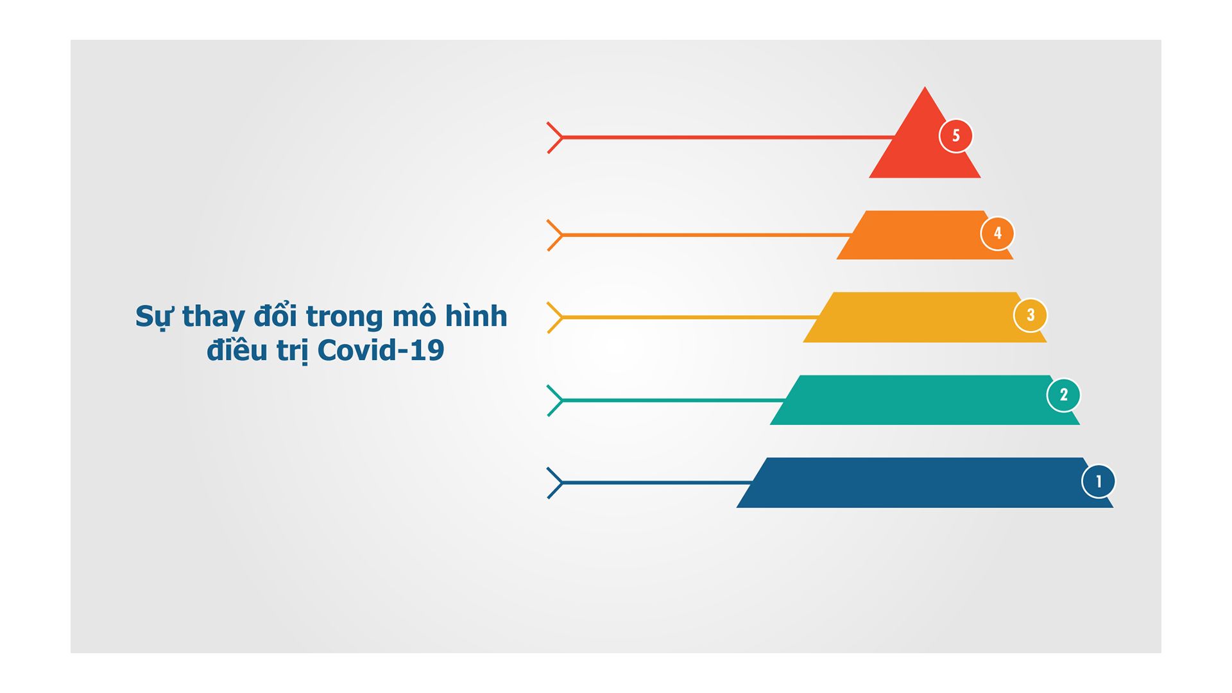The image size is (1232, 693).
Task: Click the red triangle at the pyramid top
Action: tap(924, 144)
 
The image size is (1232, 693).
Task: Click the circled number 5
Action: tap(956, 136)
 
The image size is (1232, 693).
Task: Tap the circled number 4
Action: tap(998, 234)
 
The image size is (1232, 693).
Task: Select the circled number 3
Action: tap(1031, 315)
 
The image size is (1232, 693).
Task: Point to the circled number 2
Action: tap(1063, 395)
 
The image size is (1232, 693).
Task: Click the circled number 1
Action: tap(1099, 481)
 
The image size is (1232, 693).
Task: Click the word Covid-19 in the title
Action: tap(381, 350)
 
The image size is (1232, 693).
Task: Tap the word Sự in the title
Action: tap(154, 316)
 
